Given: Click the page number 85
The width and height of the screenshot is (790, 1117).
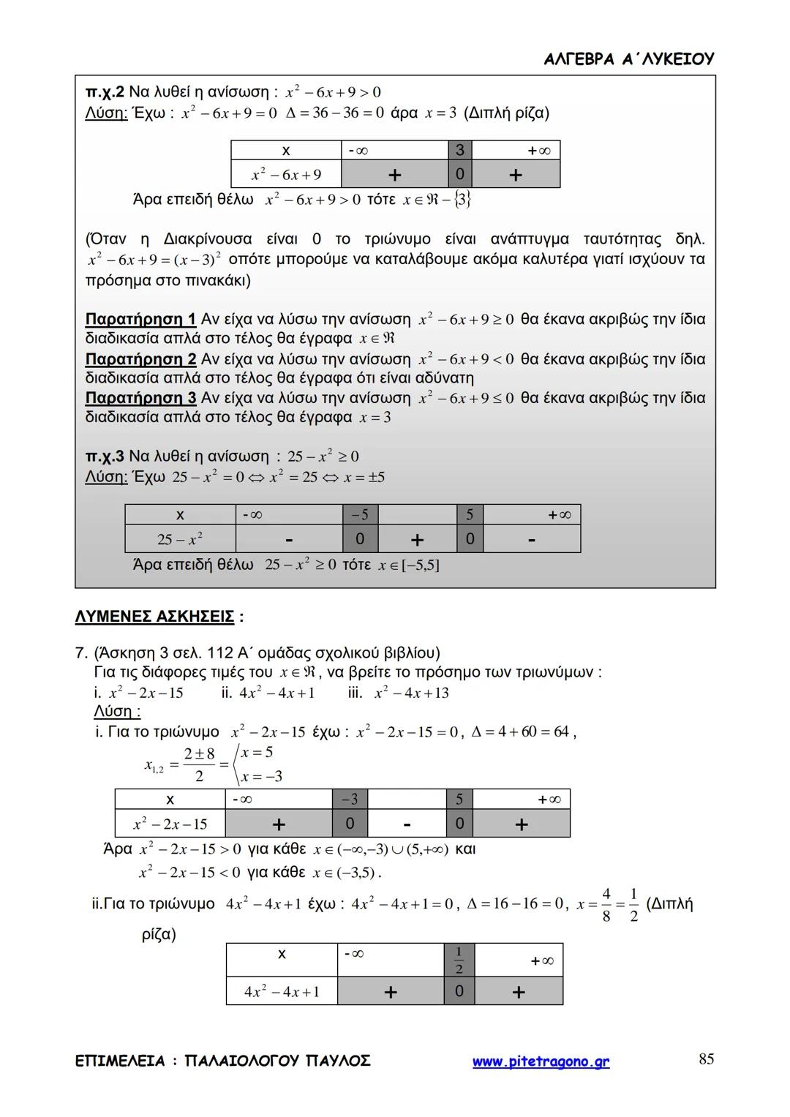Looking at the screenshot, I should pos(706,1058).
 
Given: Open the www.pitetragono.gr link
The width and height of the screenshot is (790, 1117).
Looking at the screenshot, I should pos(541,1061).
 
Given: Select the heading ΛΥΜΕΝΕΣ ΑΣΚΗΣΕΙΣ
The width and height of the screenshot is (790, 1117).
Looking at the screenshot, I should pos(154,617).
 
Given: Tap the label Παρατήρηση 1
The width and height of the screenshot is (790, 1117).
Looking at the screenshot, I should pos(140,320).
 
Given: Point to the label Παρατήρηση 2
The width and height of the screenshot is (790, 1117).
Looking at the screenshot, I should pos(140,359).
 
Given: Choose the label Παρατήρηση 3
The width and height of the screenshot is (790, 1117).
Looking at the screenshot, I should pos(140,398).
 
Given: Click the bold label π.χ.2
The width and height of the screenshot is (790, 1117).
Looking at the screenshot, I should pos(105,92).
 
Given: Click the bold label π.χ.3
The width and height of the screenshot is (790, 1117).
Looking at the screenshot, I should pos(105,456).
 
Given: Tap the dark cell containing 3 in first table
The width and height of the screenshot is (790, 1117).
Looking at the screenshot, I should pos(459,150).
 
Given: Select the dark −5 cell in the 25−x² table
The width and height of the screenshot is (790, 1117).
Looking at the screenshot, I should pos(360,515).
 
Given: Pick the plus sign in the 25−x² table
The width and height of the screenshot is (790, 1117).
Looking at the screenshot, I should pos(417,540).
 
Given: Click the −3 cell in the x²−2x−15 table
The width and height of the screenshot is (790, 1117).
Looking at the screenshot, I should pos(350,800).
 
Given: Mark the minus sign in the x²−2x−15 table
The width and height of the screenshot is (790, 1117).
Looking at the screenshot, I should pos(407,824).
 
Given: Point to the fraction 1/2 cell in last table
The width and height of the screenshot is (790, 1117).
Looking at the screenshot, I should pos(459,960).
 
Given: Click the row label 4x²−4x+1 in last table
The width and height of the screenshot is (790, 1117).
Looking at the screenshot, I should pos(282,992).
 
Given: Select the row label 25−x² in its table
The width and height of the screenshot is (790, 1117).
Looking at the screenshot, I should pos(180,540).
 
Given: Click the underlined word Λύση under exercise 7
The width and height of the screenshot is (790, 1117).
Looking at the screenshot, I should pos(117,711).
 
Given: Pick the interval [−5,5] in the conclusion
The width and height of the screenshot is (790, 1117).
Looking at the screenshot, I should pos(420,565).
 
